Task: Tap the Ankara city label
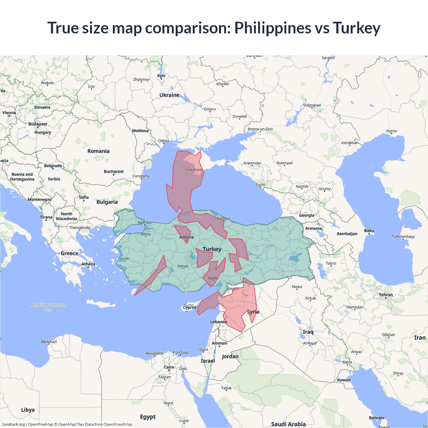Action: click(186, 237)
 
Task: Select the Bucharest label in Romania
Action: click(114, 172)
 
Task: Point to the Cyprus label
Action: click(190, 307)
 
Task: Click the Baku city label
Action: click(369, 231)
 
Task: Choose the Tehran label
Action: click(386, 295)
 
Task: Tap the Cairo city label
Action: click(169, 367)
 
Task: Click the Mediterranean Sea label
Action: click(48, 307)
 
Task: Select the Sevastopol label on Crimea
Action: click(193, 170)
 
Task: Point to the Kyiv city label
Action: click(162, 76)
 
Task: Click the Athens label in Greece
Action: click(88, 264)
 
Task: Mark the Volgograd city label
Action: click(312, 105)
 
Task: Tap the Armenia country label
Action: click(313, 228)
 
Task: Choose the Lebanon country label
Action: click(218, 322)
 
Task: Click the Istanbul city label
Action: click(145, 222)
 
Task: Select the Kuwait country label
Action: click(344, 380)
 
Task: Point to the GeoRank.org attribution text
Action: click(13, 424)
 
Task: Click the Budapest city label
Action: click(38, 124)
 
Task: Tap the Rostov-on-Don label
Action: click(260, 129)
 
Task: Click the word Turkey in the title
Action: click(356, 28)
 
